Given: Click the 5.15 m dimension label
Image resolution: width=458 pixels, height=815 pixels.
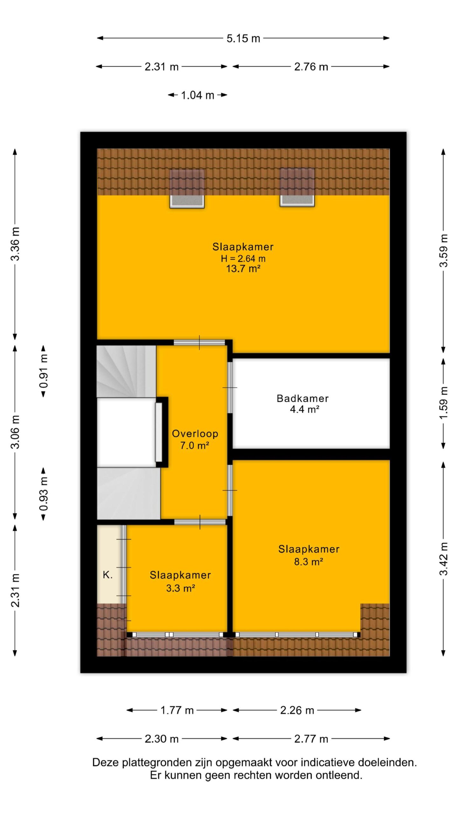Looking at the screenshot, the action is (243, 39).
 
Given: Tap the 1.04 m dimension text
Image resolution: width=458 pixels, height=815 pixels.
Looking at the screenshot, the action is (198, 95).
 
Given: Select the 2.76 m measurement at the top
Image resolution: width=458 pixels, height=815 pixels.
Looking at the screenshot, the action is (311, 67).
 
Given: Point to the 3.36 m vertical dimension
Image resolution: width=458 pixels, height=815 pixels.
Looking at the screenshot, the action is (15, 244).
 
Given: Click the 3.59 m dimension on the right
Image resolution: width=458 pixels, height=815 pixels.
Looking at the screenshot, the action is (444, 251).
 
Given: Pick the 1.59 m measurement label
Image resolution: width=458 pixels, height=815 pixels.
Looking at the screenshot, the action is (444, 403).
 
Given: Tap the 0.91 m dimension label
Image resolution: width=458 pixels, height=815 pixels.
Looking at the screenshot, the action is (44, 371).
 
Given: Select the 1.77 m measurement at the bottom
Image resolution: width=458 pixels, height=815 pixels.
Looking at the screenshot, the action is (177, 710).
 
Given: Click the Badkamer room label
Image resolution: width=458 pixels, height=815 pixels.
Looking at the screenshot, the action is (302, 398).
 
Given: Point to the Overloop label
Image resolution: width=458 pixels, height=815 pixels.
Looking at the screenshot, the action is (195, 434).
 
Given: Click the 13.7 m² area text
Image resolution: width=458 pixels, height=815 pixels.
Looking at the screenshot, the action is (243, 269).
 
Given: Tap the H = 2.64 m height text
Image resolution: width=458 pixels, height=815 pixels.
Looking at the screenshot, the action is (243, 259).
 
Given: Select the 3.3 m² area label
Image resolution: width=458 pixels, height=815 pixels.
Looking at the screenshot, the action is (180, 588).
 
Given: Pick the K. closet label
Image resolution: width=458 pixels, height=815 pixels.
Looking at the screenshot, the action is (108, 575).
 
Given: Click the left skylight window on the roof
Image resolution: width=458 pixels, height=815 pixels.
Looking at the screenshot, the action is (187, 189).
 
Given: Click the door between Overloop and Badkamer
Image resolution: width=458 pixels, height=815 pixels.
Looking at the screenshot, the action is (230, 387).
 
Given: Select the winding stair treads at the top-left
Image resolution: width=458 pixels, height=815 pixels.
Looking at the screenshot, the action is (126, 372).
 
